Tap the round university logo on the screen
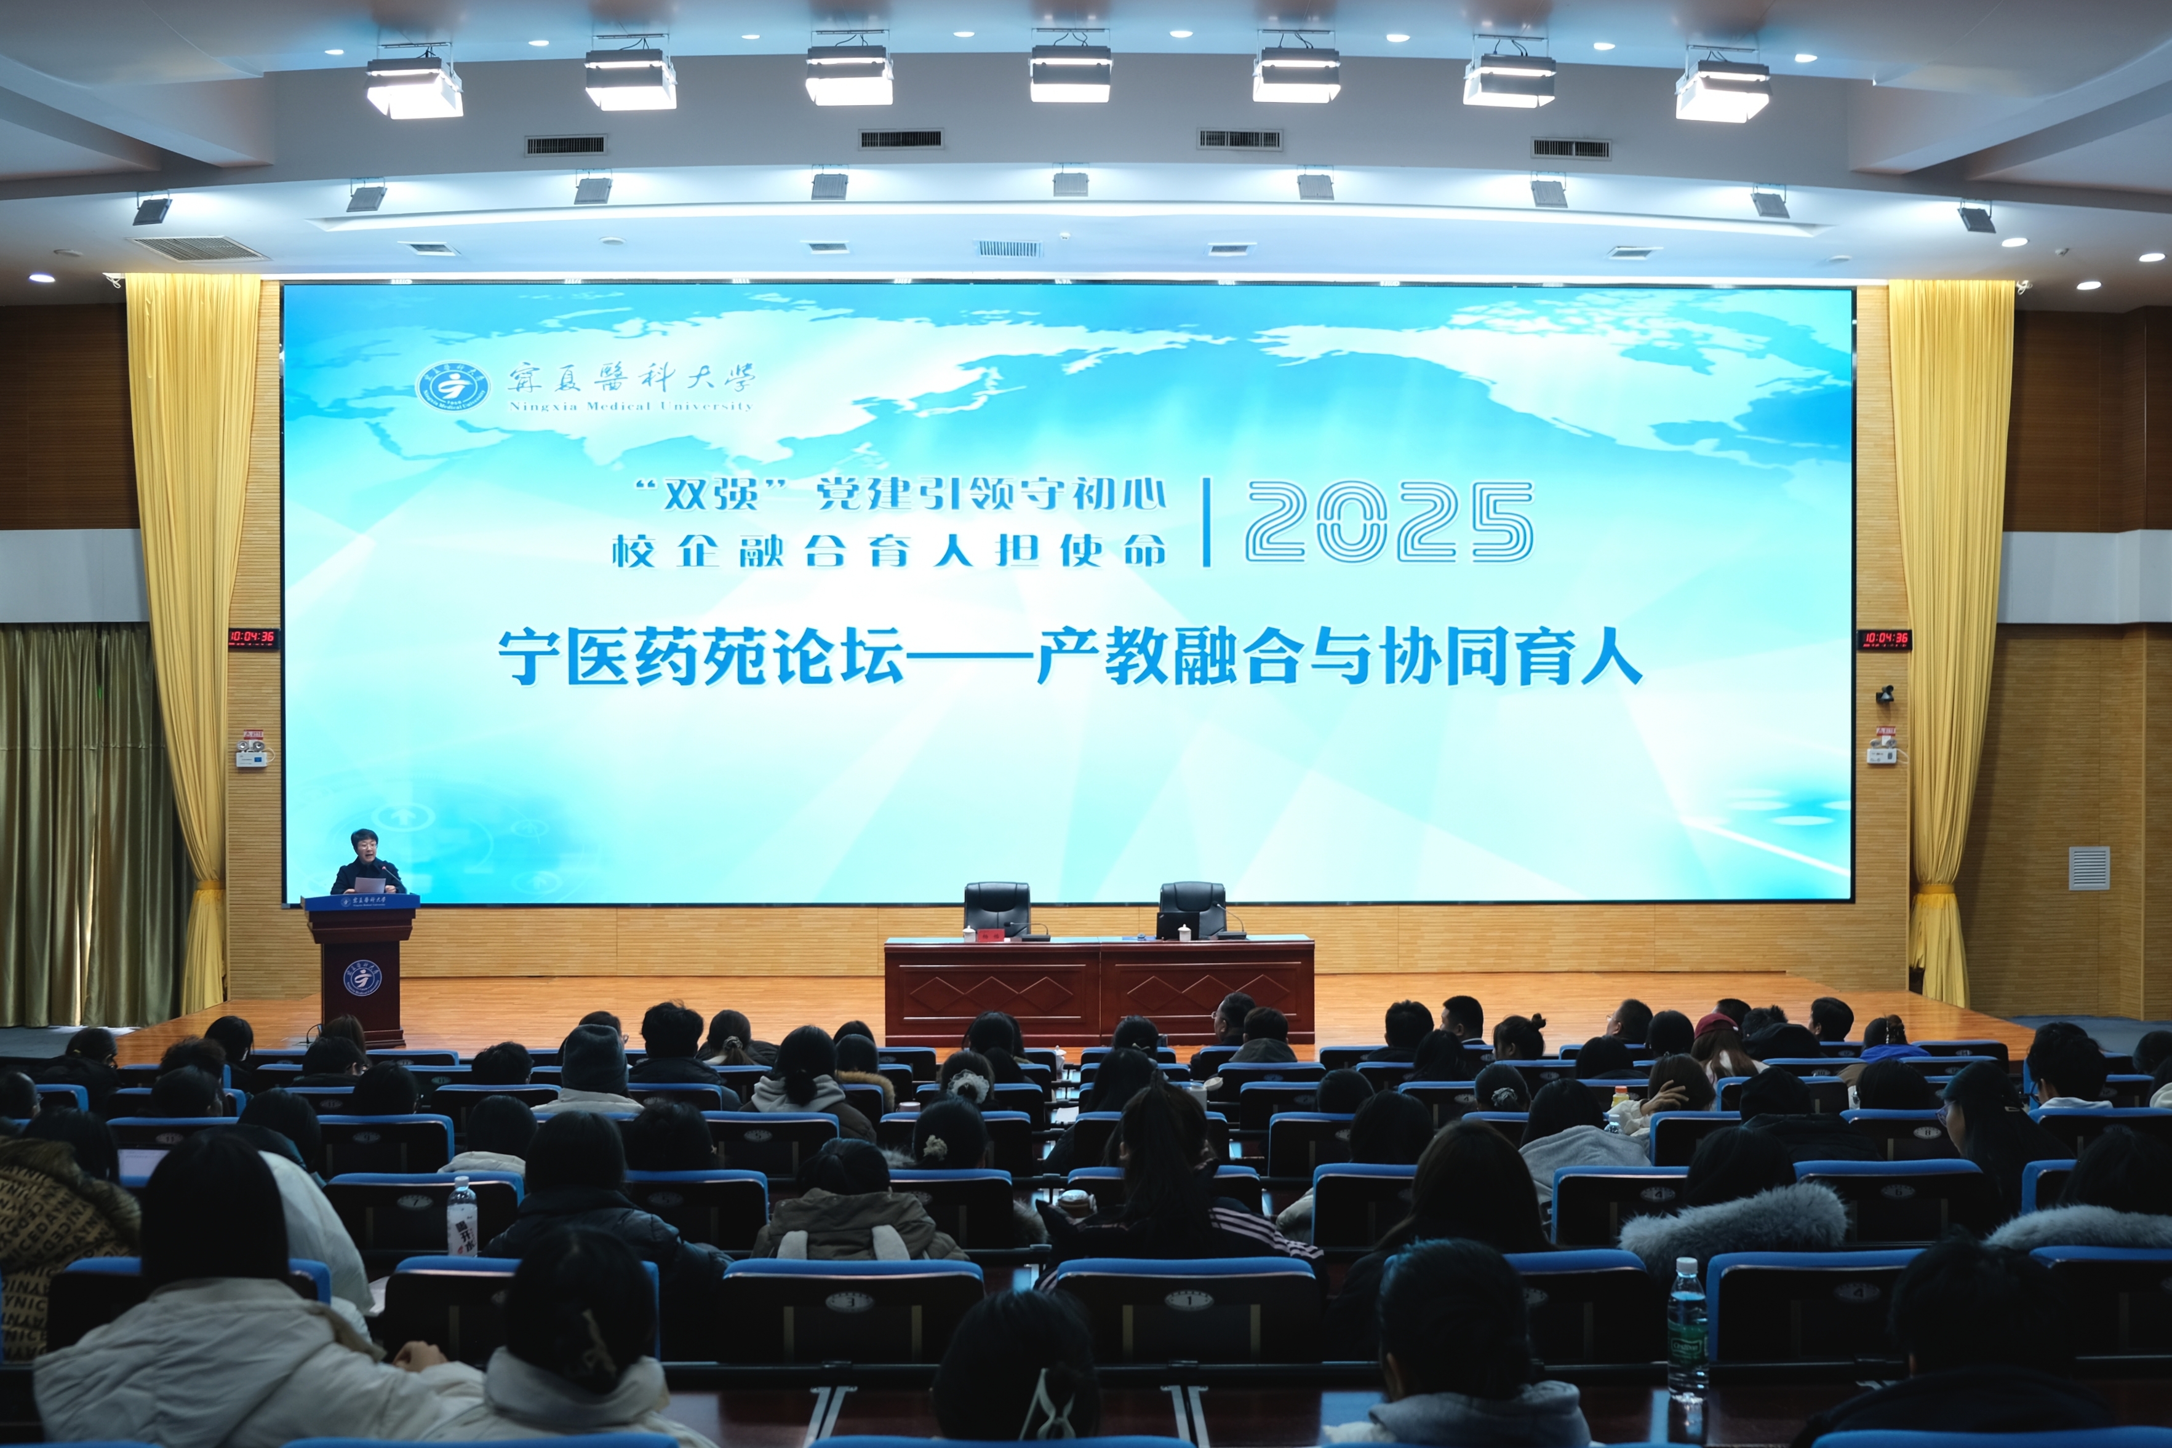[452, 385]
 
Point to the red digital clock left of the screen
[252, 636]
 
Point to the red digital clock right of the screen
[1885, 638]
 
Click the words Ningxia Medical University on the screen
[631, 405]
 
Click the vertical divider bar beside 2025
[1206, 522]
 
